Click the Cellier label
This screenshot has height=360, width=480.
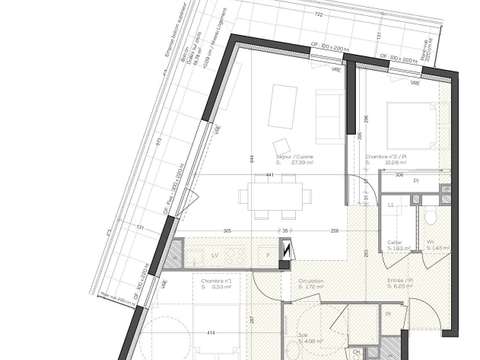click(397, 243)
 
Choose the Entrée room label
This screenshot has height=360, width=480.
click(401, 283)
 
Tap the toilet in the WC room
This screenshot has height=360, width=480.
click(429, 215)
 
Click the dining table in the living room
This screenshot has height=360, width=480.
click(264, 194)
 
